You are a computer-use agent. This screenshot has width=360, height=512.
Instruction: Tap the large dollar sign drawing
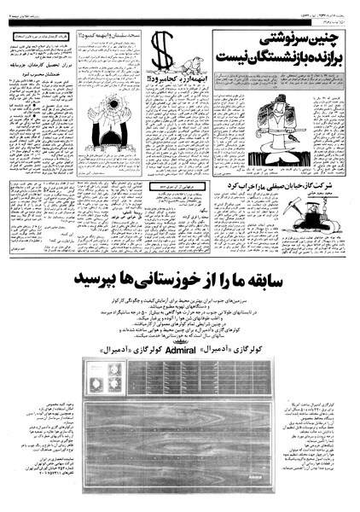(x=163, y=55)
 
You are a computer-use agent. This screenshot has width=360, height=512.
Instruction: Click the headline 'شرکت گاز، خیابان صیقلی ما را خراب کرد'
(x=290, y=184)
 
